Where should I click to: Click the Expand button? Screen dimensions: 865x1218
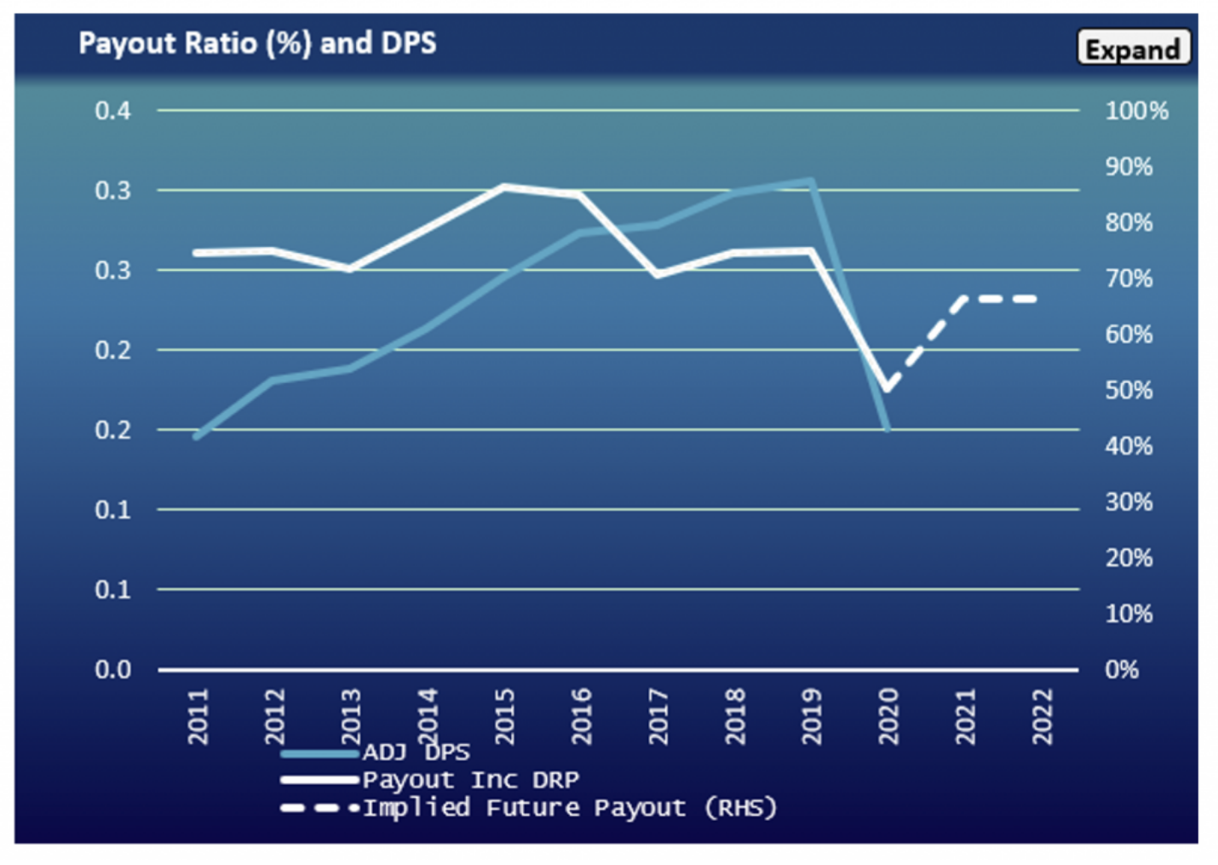(1133, 49)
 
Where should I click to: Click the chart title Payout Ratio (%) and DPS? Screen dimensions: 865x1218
(257, 43)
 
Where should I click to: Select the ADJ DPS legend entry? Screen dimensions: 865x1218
(416, 753)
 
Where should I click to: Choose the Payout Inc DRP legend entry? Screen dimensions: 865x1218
(469, 780)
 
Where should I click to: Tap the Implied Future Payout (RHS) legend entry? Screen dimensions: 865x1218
(569, 808)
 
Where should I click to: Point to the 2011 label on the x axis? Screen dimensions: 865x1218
(198, 717)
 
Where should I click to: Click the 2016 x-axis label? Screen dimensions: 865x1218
(582, 717)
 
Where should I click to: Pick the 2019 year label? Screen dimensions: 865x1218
(812, 717)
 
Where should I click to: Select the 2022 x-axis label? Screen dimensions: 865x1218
(1043, 717)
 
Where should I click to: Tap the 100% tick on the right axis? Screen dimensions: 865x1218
(1136, 111)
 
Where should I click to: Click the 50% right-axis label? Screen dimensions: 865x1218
(1129, 390)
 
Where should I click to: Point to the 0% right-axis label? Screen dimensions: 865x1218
(1122, 669)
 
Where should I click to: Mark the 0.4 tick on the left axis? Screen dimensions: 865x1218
(112, 111)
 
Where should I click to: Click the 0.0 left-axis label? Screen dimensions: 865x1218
(112, 669)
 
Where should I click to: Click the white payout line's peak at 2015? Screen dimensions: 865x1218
(504, 186)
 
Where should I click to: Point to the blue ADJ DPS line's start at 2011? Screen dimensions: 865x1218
(197, 437)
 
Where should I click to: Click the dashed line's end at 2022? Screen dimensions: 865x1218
(1036, 299)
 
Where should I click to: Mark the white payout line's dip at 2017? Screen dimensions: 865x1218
(658, 274)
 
